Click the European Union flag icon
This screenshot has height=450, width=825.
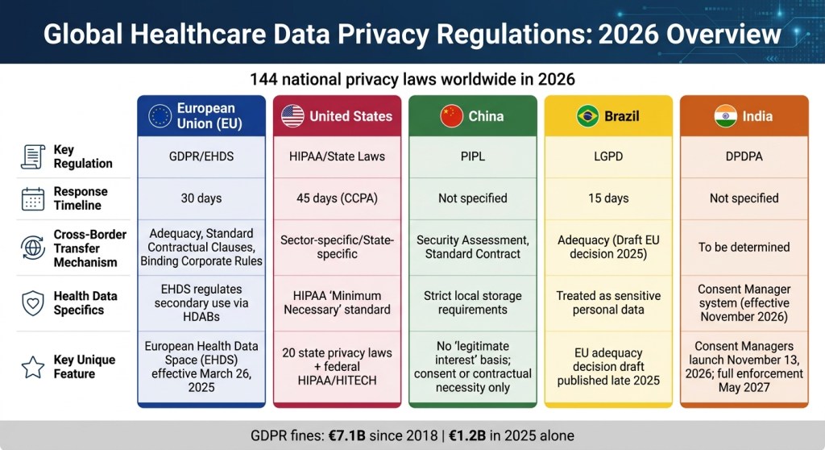(160, 116)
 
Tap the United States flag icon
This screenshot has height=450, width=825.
(292, 116)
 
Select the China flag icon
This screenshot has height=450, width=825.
(451, 116)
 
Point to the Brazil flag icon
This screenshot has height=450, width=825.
(587, 116)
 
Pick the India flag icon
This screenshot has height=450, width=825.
(726, 116)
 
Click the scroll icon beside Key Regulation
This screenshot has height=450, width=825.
(32, 156)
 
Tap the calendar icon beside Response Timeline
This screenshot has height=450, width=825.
(32, 198)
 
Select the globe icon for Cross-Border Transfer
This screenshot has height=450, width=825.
(32, 248)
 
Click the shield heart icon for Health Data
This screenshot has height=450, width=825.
(32, 303)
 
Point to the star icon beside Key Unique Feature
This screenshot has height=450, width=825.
(32, 367)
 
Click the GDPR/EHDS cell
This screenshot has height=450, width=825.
(201, 156)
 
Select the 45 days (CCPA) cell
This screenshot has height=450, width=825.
(338, 198)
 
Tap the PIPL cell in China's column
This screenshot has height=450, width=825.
(473, 156)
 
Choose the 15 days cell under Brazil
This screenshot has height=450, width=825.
(608, 198)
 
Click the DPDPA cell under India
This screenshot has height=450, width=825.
(744, 156)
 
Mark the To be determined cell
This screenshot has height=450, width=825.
(744, 247)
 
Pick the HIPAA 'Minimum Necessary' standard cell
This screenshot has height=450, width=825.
(338, 303)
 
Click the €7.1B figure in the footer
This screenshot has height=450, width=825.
(346, 435)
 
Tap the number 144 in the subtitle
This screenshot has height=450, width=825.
(263, 79)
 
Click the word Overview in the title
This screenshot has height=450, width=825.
(723, 34)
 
